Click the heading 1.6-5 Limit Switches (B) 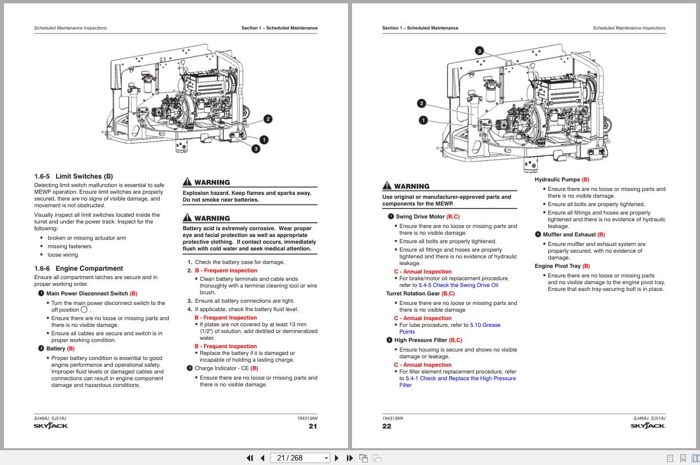pos(73,176)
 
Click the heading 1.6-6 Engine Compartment pos(78,268)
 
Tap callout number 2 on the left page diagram pos(268,118)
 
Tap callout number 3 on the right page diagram pos(479,51)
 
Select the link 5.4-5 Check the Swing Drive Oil pos(458,285)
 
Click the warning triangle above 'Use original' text pos(386,186)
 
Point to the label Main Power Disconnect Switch pos(87,294)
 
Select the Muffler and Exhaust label pos(568,235)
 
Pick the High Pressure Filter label pos(421,340)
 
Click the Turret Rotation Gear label pos(413,294)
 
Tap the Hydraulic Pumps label pos(557,180)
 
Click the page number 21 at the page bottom pos(313,426)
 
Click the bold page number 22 pos(387,426)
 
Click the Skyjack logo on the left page pos(51,426)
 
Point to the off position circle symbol pos(84,309)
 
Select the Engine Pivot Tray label pos(557,266)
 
